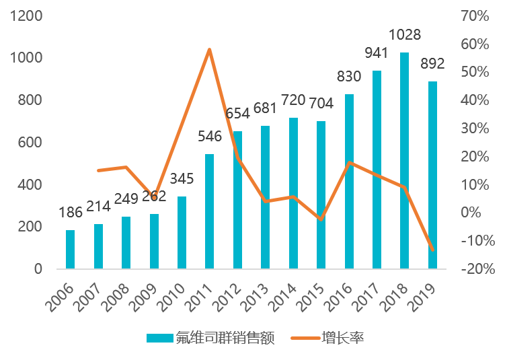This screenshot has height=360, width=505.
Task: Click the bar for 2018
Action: click(x=404, y=161)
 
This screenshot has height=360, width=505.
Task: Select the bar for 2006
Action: click(x=70, y=249)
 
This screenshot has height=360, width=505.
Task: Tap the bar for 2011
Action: click(x=209, y=211)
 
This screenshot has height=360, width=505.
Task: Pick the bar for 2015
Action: click(x=321, y=194)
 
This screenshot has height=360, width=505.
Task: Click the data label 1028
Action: click(x=405, y=35)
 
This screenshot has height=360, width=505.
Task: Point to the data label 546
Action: click(x=210, y=137)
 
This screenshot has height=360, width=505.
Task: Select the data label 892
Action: click(x=432, y=63)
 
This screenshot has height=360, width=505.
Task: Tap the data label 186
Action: click(x=71, y=213)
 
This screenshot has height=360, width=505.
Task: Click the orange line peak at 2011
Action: click(x=209, y=50)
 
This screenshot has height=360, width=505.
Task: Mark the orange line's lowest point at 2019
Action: click(x=432, y=250)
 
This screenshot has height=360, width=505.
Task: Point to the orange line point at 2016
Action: click(x=349, y=162)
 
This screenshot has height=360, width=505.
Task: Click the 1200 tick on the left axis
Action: click(x=26, y=15)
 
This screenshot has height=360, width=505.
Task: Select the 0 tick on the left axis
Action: click(x=38, y=268)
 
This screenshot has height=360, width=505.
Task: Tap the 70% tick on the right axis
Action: click(x=475, y=15)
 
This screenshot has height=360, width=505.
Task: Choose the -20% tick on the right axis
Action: click(x=478, y=268)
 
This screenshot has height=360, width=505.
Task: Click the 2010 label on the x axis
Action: click(x=173, y=297)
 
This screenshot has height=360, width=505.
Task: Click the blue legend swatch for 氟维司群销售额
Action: click(x=160, y=338)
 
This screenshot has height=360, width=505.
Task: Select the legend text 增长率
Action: click(x=343, y=338)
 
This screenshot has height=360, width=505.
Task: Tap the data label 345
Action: click(x=182, y=178)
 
